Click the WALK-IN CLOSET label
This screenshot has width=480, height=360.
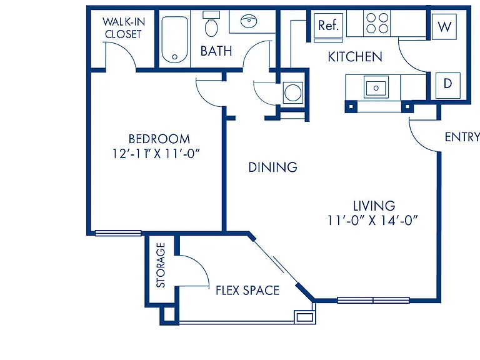pyautogui.click(x=123, y=28)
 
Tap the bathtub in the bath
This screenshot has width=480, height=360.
pyautogui.click(x=174, y=39)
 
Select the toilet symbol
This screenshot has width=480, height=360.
pyautogui.click(x=211, y=24)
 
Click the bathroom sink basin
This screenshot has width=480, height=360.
pyautogui.click(x=249, y=21)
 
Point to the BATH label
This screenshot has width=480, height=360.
pyautogui.click(x=216, y=51)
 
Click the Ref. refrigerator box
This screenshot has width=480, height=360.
pyautogui.click(x=328, y=25)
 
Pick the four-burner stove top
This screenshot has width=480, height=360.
pyautogui.click(x=377, y=23)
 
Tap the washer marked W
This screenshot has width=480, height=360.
pyautogui.click(x=444, y=27)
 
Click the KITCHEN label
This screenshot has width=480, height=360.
pyautogui.click(x=355, y=57)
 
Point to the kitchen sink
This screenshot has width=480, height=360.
pyautogui.click(x=376, y=87)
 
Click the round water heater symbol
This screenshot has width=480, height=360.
pyautogui.click(x=292, y=92)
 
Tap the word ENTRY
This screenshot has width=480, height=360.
pyautogui.click(x=462, y=137)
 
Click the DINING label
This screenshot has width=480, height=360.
pyautogui.click(x=272, y=167)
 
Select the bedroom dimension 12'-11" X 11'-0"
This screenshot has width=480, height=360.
pyautogui.click(x=156, y=153)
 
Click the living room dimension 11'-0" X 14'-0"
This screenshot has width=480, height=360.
pyautogui.click(x=372, y=220)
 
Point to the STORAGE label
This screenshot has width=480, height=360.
pyautogui.click(x=161, y=265)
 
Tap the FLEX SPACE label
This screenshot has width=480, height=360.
pyautogui.click(x=247, y=290)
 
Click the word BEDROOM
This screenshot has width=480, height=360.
pyautogui.click(x=159, y=139)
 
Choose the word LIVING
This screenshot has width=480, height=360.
pyautogui.click(x=374, y=206)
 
